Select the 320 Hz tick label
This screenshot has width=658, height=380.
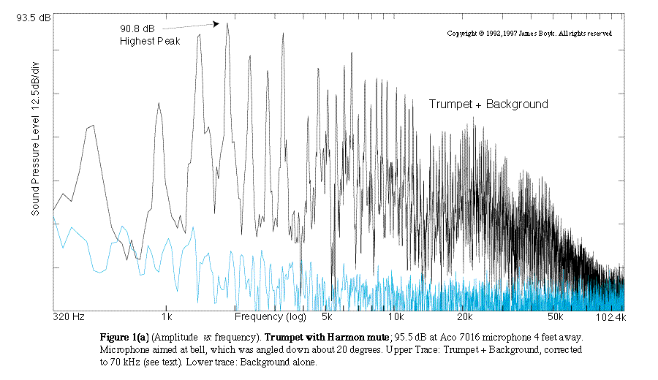tap(69, 318)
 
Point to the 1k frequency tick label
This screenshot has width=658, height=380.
tap(167, 318)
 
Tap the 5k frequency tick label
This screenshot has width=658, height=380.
tap(326, 318)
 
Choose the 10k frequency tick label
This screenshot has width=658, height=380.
tap(396, 318)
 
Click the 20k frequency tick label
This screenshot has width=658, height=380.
tap(466, 318)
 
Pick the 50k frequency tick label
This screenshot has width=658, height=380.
tap(555, 318)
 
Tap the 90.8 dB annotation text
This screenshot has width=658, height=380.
tap(137, 29)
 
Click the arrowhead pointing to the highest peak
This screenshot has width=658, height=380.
tap(216, 24)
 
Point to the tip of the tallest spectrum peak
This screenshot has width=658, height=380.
tap(227, 23)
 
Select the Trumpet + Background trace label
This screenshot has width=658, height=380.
tap(488, 104)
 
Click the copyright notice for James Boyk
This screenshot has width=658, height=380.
tap(529, 34)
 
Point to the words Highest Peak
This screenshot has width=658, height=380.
tap(149, 41)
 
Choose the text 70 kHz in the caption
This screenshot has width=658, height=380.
tap(117, 362)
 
